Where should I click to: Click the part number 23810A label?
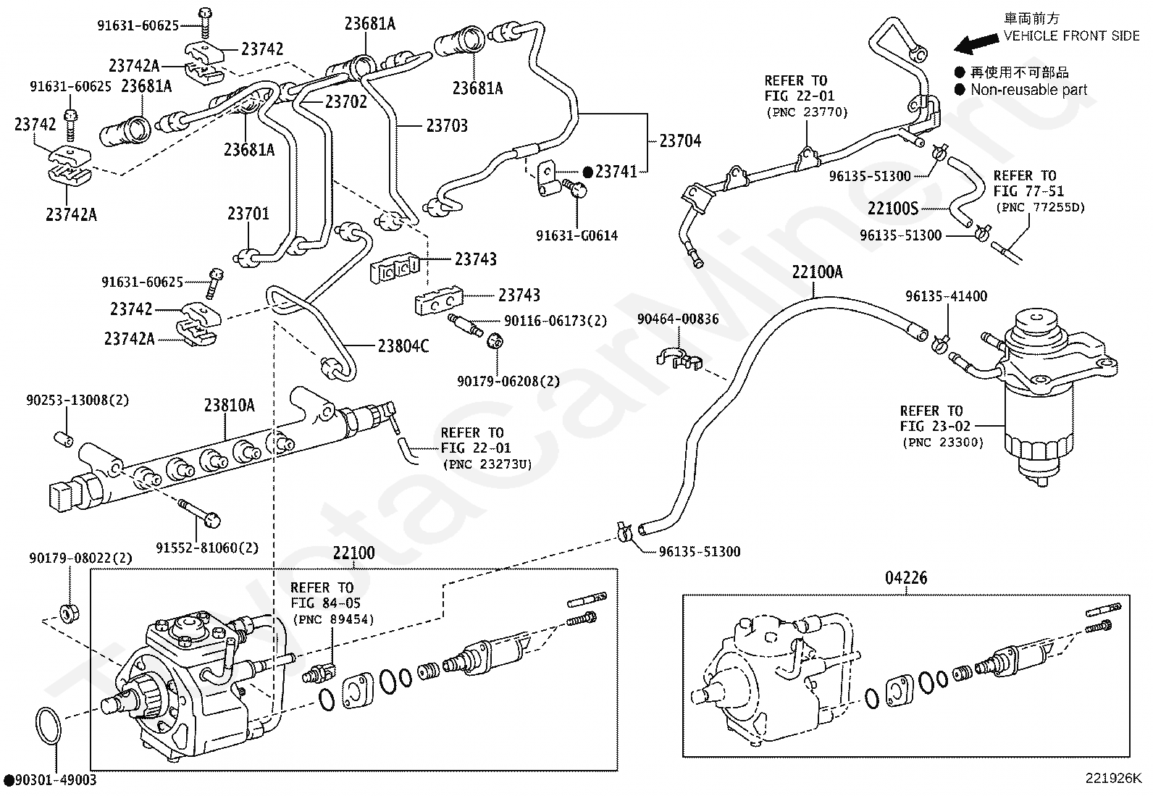tap(229, 406)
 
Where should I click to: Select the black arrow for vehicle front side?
tap(976, 43)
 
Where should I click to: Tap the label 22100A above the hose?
tap(817, 272)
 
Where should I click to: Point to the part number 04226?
tap(906, 578)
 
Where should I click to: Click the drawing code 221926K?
tap(1113, 778)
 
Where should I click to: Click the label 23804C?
tap(403, 346)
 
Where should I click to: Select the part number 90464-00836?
tap(677, 319)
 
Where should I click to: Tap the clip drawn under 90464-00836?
tap(679, 358)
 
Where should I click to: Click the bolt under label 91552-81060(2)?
tap(200, 514)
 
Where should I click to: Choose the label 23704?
tap(680, 141)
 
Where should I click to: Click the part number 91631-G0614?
tap(577, 236)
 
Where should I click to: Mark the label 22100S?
tap(893, 208)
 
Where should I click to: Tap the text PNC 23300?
tap(943, 443)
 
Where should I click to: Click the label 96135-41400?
tap(946, 296)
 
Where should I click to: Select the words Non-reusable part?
tap(1028, 90)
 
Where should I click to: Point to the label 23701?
tap(248, 213)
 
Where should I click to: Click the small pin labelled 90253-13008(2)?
tap(63, 439)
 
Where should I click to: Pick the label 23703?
tap(447, 125)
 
